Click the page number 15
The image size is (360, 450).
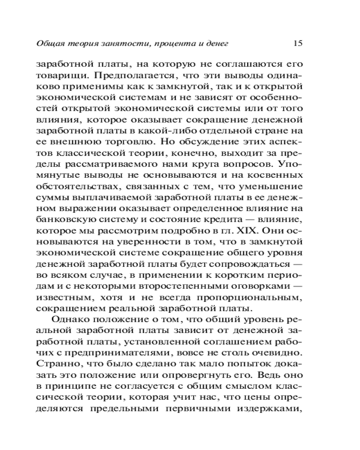(297, 43)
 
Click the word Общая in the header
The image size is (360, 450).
(48, 44)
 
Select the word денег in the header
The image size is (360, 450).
(218, 44)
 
